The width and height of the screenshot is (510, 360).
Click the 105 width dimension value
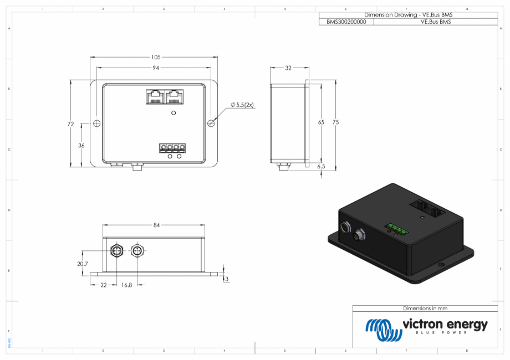tap(156, 57)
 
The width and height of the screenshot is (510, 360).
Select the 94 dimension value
tap(156, 68)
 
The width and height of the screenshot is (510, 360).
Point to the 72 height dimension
tap(70, 124)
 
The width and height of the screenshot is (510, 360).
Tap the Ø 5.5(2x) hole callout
tap(242, 105)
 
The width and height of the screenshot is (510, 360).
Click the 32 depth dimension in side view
tap(288, 68)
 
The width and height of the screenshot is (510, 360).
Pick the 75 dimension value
tap(335, 122)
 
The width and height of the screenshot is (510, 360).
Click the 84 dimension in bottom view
tap(156, 225)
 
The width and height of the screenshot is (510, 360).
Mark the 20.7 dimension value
tap(83, 264)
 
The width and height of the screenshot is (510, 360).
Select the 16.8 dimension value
tap(126, 285)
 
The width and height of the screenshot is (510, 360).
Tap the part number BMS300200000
tap(346, 22)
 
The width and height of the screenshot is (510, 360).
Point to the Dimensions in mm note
tap(425, 308)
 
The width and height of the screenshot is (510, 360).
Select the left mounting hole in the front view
tap(96, 123)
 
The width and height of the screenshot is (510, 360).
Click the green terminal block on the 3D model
tap(396, 228)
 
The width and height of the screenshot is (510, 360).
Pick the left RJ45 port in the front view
tap(154, 97)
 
